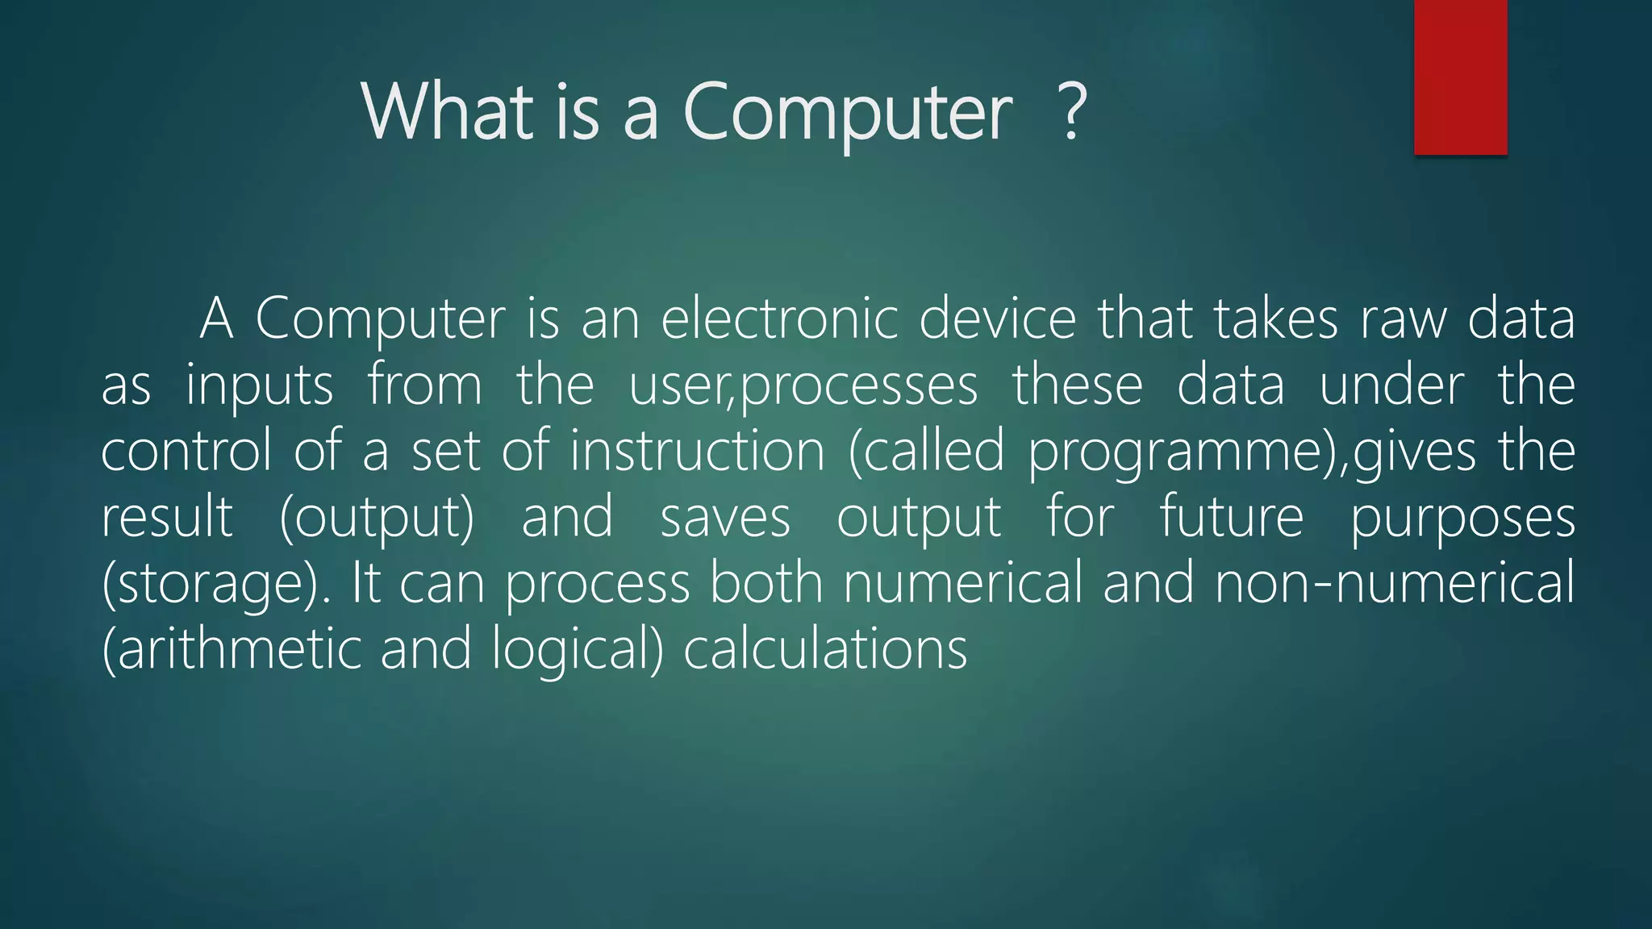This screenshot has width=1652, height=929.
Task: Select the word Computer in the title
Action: coord(847,113)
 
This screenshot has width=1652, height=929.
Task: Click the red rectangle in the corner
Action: coord(1460,77)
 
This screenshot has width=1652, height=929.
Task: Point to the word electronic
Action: coord(779,319)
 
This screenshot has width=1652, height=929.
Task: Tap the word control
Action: coord(186,451)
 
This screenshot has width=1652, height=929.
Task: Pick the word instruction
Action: coord(698,451)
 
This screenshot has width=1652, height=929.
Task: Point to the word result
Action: coord(167,517)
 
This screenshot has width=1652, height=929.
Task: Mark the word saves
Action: coord(725,519)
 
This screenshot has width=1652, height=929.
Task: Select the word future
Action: coord(1231,517)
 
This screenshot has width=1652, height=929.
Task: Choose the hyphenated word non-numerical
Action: coord(1394,583)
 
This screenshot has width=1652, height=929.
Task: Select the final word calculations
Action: coord(825,649)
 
